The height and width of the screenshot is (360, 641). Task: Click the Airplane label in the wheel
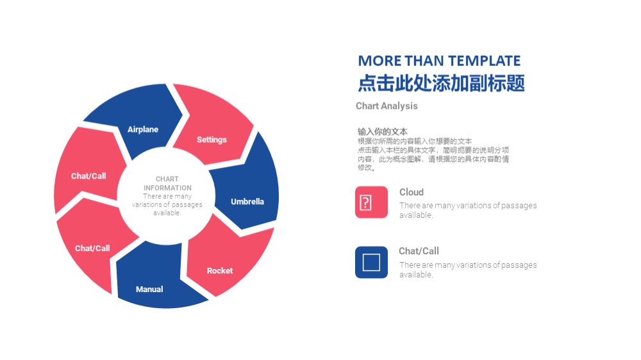(143, 129)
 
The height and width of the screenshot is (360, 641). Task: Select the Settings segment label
(212, 140)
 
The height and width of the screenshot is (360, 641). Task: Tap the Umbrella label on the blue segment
(247, 201)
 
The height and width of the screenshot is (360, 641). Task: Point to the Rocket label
(219, 270)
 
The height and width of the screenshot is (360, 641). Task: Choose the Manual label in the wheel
(149, 290)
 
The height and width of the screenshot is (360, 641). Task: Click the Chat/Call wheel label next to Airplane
(88, 176)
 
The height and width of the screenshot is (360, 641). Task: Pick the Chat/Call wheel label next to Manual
(92, 248)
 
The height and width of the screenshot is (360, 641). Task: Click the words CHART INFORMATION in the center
(167, 183)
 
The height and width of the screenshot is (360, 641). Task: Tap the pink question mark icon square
(371, 202)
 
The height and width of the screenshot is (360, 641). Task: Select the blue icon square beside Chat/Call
(371, 263)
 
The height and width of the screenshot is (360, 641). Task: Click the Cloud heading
(412, 192)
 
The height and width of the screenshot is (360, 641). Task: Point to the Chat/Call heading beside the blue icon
(419, 251)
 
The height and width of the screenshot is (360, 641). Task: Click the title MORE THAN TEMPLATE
(439, 61)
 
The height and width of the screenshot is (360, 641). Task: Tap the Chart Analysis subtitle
(387, 106)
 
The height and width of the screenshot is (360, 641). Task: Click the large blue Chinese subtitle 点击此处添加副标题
(441, 83)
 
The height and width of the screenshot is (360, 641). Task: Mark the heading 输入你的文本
(382, 131)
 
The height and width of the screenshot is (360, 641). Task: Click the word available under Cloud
(415, 215)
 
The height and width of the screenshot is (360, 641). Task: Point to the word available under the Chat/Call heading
(415, 275)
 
